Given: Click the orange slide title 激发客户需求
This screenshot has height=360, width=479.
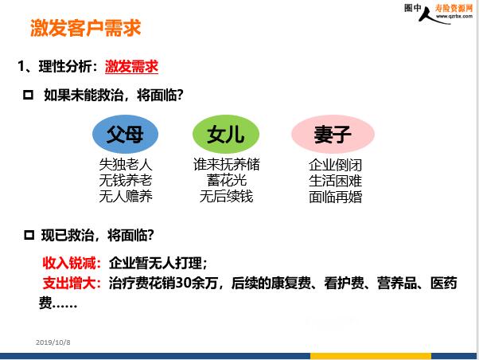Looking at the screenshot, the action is click(86, 28).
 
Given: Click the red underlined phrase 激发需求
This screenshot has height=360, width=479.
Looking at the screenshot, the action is click(131, 66).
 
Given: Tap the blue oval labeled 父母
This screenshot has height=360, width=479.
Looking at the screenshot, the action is click(125, 134).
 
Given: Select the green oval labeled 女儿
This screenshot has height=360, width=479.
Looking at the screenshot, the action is click(226, 134).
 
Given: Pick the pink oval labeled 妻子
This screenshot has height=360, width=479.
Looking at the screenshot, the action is click(333, 134).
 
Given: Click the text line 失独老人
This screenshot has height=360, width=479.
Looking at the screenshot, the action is click(126, 164).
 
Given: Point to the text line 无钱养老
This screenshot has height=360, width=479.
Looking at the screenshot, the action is click(126, 180).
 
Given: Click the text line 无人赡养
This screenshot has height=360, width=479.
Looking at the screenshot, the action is click(126, 196).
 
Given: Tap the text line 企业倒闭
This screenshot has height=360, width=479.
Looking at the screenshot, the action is click(336, 165).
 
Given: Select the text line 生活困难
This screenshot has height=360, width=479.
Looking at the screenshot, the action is click(336, 181).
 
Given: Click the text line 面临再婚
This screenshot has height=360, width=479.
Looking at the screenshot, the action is click(336, 197).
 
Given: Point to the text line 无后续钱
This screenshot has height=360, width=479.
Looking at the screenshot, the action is click(226, 196).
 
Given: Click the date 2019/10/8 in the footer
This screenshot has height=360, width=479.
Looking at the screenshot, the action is click(53, 342).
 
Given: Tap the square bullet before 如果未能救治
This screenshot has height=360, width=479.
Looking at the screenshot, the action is click(28, 95).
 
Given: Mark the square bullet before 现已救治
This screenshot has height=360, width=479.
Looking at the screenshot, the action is click(29, 235).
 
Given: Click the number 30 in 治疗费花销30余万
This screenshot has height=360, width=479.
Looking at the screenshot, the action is click(183, 283).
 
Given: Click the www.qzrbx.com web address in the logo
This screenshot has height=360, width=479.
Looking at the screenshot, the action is click(454, 16).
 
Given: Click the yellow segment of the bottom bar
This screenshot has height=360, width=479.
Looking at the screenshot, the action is click(371, 356).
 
